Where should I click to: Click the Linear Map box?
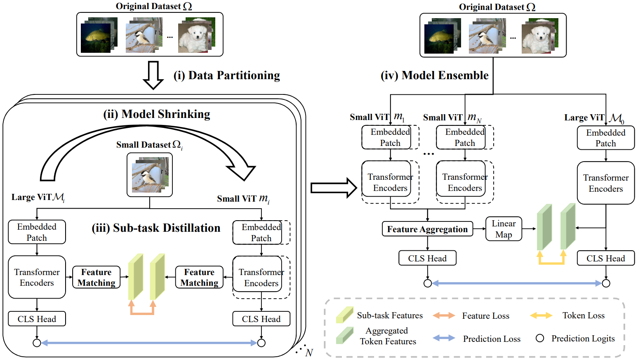[504, 229]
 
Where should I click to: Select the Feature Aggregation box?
[427, 229]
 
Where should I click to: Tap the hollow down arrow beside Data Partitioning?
[153, 75]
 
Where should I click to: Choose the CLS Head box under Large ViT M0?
[605, 258]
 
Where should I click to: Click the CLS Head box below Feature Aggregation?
[427, 258]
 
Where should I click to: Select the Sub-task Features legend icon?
[344, 315]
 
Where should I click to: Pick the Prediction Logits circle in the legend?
[540, 338]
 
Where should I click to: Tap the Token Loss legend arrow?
[541, 315]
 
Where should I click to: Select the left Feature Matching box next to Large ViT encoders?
[97, 277]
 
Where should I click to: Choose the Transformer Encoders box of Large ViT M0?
[605, 183]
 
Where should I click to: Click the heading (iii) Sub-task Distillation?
[156, 228]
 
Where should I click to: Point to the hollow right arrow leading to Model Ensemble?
[333, 188]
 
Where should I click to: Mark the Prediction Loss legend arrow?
[444, 338]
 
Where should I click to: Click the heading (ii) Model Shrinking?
[157, 114]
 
